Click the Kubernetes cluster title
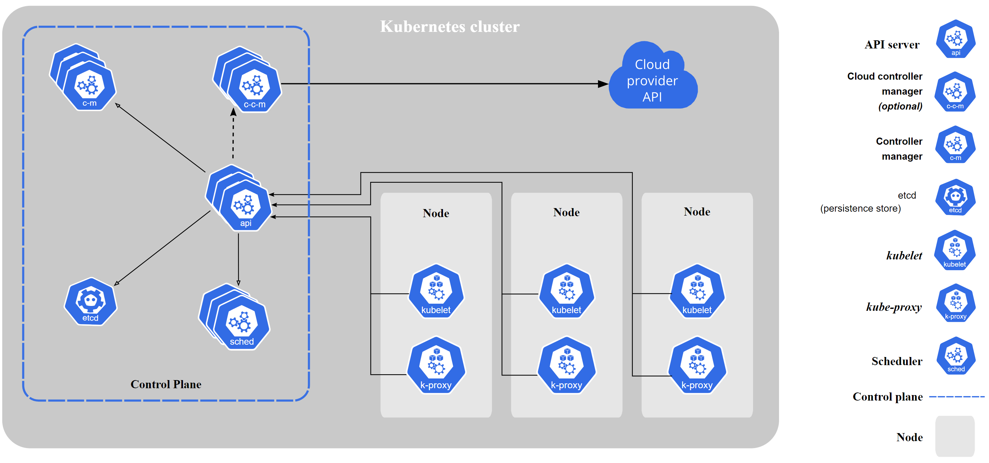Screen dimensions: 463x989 tap(449, 27)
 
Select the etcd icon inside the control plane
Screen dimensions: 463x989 tap(91, 302)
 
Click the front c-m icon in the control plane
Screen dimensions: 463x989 tap(89, 86)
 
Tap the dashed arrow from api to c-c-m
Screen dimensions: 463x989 tap(233, 135)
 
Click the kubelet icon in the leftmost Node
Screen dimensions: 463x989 tap(436, 291)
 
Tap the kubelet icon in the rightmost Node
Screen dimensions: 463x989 tap(697, 291)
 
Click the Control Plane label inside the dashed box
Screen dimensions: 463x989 tap(166, 384)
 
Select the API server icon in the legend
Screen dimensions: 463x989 tap(956, 39)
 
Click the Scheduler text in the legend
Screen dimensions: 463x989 tap(896, 361)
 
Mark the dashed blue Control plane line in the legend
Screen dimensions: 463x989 tap(957, 397)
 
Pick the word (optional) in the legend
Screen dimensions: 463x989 tap(900, 106)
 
